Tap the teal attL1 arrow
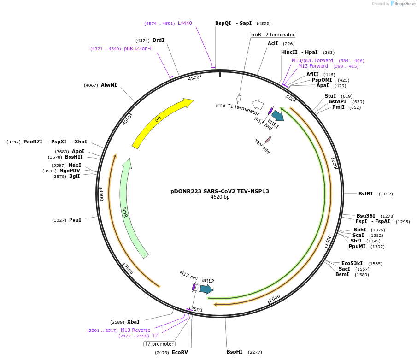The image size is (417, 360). [x=277, y=115]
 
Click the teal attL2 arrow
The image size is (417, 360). [x=206, y=289]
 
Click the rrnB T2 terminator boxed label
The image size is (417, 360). [x=273, y=35]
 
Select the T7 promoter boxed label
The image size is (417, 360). [x=159, y=344]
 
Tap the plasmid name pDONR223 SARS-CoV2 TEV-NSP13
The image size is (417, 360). [x=220, y=191]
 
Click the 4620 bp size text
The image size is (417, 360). [x=220, y=197]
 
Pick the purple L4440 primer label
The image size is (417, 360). [x=185, y=23]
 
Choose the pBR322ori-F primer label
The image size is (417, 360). [x=138, y=48]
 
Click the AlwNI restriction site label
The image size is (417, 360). [x=109, y=85]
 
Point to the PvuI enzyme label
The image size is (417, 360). [x=75, y=220]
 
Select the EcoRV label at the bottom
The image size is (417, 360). [x=180, y=352]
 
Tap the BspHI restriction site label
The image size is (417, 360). [x=234, y=352]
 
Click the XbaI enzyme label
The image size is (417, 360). [x=133, y=322]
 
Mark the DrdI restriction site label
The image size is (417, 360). [x=158, y=40]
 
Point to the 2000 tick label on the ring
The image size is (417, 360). [x=275, y=298]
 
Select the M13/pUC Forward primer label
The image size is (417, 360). [x=312, y=60]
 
